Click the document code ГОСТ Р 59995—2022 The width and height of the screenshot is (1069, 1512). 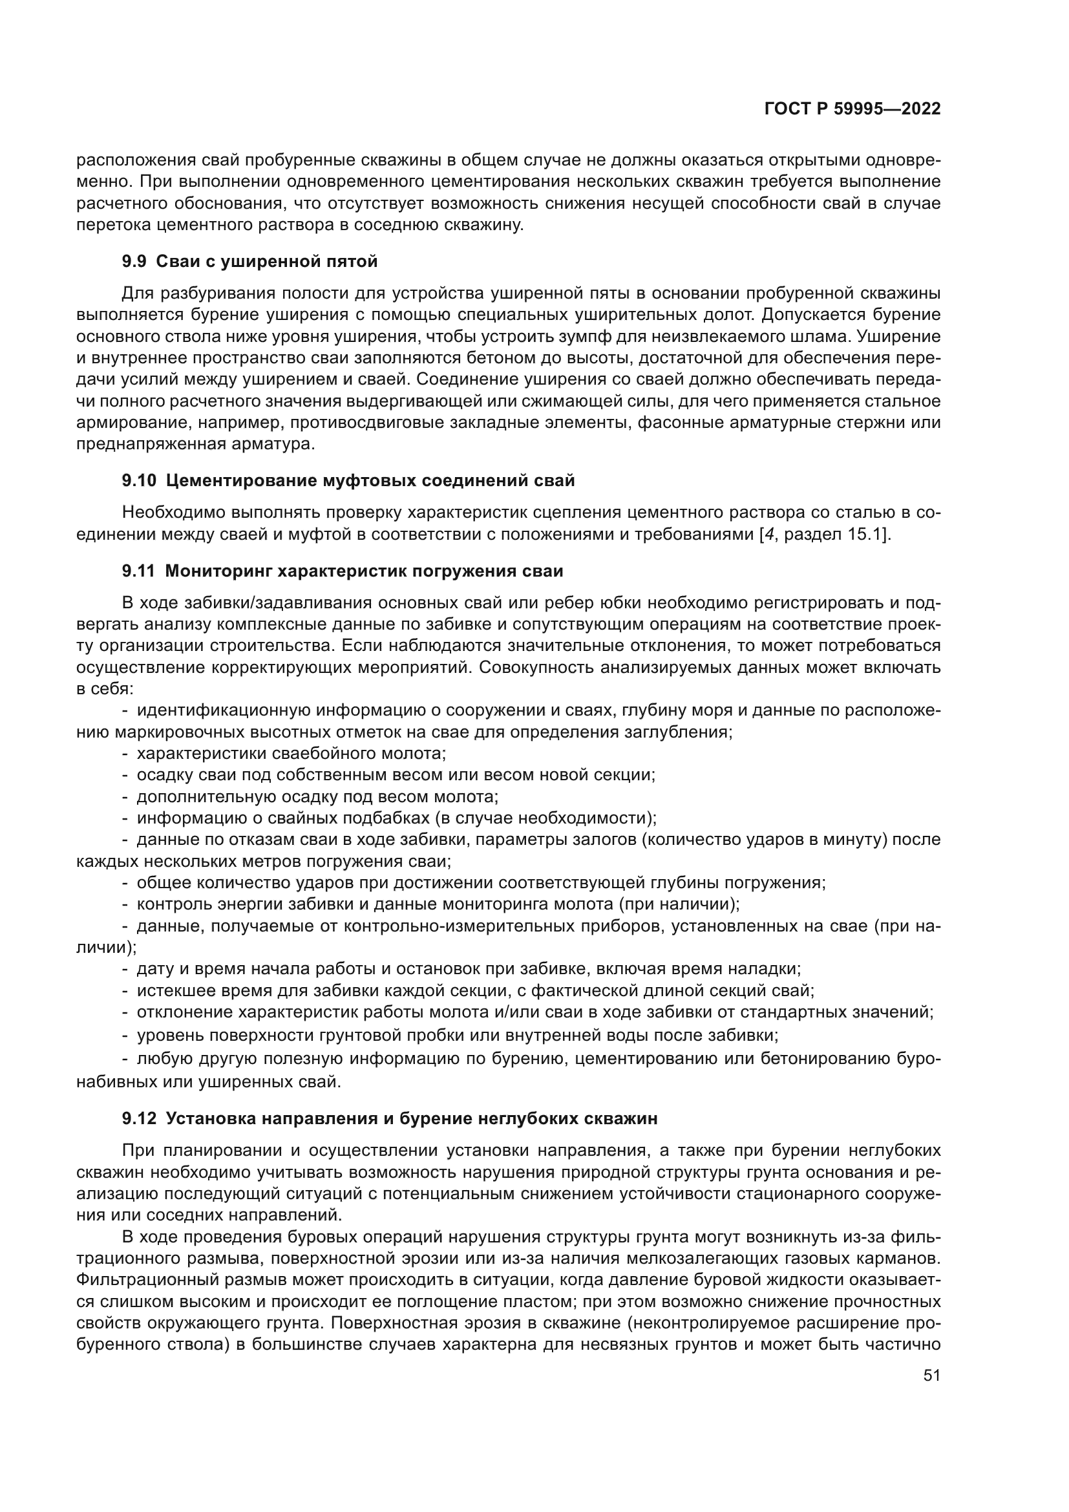(x=852, y=109)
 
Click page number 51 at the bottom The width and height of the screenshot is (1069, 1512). (x=931, y=1375)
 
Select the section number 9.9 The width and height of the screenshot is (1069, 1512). (x=135, y=261)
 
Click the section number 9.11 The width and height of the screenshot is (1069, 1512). (x=138, y=571)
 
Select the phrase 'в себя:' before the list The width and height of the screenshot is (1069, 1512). (x=105, y=689)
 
